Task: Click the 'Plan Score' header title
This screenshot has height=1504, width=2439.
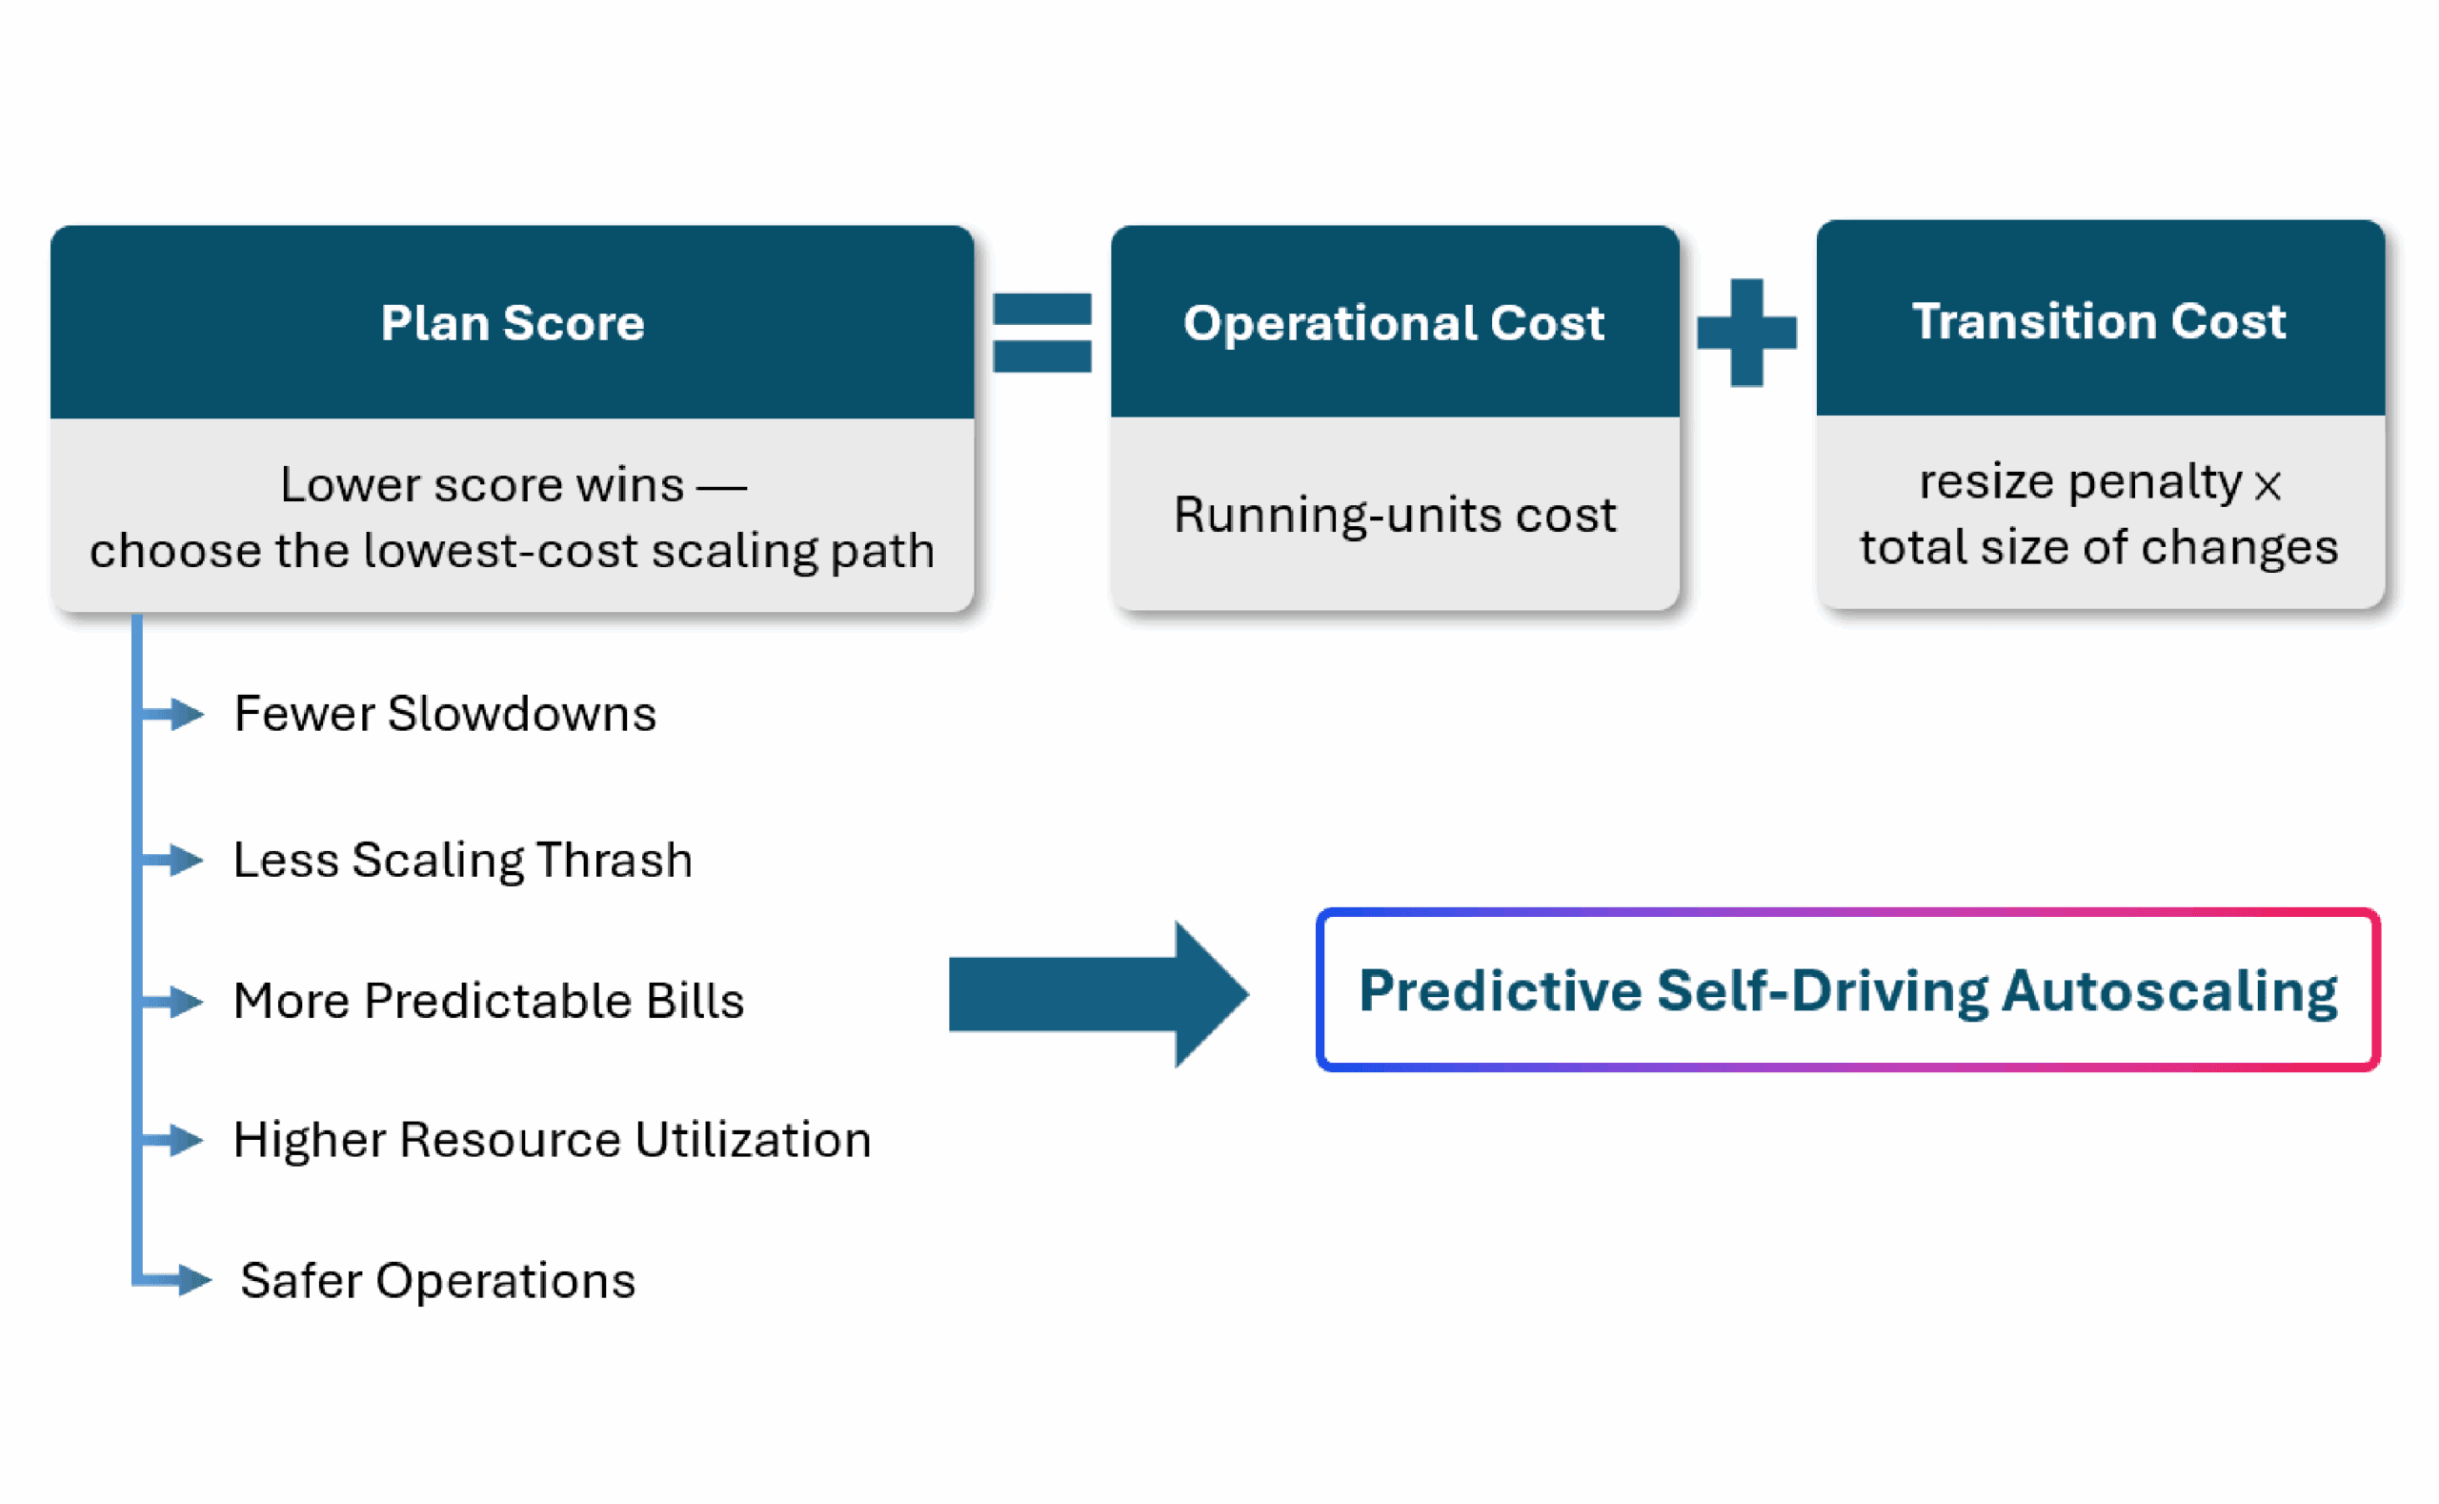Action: [512, 322]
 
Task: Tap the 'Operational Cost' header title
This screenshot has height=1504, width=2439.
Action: [1393, 322]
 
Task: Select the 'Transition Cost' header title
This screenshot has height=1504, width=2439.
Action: [2099, 320]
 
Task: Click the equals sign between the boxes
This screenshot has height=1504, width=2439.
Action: [1042, 333]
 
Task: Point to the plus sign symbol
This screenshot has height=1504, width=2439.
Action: [1747, 333]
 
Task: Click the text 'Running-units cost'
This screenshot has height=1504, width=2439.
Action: [1394, 515]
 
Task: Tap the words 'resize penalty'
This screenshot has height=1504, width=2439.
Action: [2080, 482]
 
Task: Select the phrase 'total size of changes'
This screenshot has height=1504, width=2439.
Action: [2099, 547]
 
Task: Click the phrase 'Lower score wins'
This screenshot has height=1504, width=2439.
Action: [482, 484]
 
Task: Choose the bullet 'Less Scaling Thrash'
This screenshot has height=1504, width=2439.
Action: [462, 860]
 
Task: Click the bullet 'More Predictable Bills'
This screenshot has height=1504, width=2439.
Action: [488, 1000]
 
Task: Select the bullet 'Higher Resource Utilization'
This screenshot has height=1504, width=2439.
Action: [552, 1139]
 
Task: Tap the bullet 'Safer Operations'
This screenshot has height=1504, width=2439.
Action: [437, 1280]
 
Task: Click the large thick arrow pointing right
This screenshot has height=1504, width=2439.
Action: [1099, 994]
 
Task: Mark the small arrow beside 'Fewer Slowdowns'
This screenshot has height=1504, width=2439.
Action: [171, 713]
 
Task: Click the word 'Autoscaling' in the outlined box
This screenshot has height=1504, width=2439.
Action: [2169, 992]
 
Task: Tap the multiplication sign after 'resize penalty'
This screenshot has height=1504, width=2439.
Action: [2267, 486]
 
